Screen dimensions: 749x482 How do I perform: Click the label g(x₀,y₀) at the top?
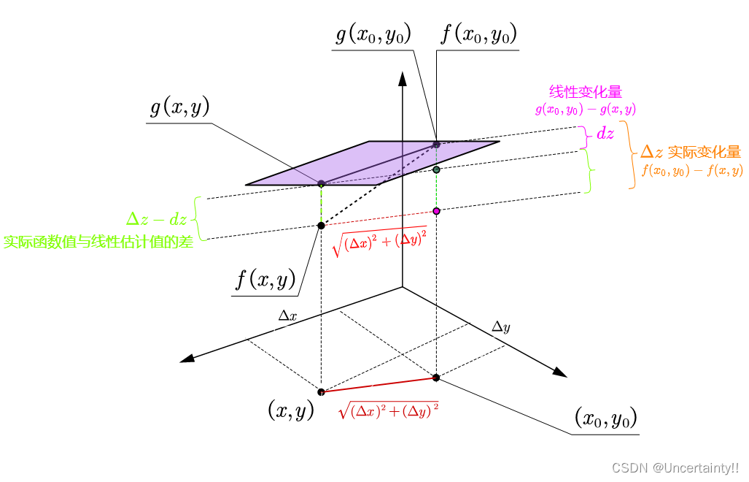[x=373, y=34]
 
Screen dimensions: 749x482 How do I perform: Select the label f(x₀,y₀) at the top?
[x=479, y=34]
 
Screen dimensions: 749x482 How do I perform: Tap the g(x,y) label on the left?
[x=180, y=108]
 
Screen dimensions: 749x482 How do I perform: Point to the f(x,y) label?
[x=265, y=279]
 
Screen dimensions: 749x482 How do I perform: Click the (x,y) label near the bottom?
[x=291, y=410]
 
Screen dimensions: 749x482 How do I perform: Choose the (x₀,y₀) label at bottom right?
[x=606, y=418]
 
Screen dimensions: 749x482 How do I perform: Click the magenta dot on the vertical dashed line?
[x=436, y=211]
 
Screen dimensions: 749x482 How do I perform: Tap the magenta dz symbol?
[x=605, y=134]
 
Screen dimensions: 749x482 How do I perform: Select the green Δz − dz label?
[x=157, y=218]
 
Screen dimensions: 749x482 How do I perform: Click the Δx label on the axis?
[x=287, y=316]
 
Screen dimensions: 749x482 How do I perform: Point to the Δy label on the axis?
[x=500, y=326]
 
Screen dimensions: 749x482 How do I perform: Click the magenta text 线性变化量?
[x=585, y=93]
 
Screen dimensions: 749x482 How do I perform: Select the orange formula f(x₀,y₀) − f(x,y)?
[x=692, y=171]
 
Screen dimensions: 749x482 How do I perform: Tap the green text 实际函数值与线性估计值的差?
[x=98, y=242]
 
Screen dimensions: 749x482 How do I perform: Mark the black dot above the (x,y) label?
[x=321, y=391]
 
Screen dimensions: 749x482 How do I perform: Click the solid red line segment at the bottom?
[x=379, y=384]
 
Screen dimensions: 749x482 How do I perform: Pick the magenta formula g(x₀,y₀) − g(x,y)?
[x=585, y=110]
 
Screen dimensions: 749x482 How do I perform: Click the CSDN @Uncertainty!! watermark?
[x=675, y=467]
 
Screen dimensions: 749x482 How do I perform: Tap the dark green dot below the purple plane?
[x=436, y=169]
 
